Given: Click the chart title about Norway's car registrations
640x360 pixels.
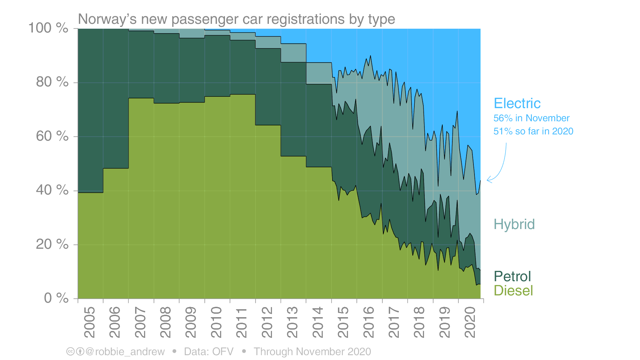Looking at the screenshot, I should (x=236, y=19).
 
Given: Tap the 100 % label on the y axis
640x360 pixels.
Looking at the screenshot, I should (x=48, y=28).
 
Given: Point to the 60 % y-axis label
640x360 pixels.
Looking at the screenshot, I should (x=52, y=136).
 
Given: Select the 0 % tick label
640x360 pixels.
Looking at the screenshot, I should (x=56, y=298).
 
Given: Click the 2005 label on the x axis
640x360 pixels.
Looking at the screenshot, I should (x=90, y=322).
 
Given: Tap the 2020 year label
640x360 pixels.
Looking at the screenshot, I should (x=470, y=322).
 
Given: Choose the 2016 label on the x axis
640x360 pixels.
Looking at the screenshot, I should (x=369, y=322).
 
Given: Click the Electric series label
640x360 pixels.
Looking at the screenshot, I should (x=517, y=103).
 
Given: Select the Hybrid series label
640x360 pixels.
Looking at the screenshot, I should (x=514, y=224).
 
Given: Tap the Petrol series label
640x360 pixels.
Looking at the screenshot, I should (x=512, y=276).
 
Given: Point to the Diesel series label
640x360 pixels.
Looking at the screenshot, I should (x=513, y=291).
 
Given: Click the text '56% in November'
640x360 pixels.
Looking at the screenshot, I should (x=531, y=118).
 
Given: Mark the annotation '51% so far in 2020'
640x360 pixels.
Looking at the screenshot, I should (x=533, y=131).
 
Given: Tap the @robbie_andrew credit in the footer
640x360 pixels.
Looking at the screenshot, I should (x=125, y=352).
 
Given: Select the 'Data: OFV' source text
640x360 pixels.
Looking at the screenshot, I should (x=208, y=352).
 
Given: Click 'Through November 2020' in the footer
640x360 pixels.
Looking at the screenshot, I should (x=312, y=352).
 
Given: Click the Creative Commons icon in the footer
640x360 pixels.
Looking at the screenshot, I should (x=70, y=352).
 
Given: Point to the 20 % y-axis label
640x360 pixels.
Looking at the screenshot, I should (x=52, y=244).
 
